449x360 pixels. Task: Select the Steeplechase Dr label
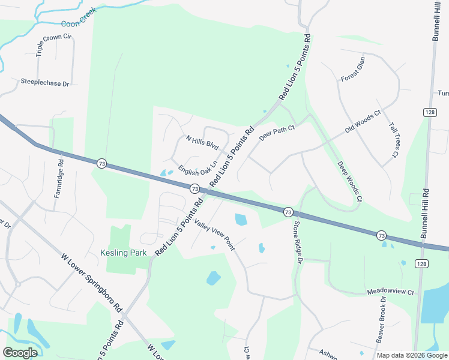[x=45, y=83]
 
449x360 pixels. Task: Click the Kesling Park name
[x=124, y=253]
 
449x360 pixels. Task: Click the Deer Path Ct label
[x=277, y=133]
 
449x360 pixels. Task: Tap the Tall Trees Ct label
[x=394, y=140]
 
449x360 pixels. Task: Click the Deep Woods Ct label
[x=349, y=181]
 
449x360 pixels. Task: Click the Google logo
[x=20, y=353]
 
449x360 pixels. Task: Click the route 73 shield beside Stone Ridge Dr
[x=288, y=212]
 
